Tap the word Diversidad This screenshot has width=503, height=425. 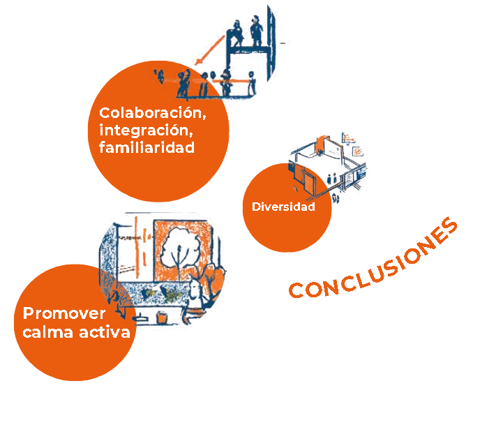(283, 207)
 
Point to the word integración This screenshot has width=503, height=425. (144, 130)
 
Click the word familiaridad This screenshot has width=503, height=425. (147, 148)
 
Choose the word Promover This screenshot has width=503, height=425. (64, 314)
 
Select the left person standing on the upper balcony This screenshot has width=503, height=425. (238, 31)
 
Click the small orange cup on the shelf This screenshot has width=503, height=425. (163, 318)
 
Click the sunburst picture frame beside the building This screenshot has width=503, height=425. (358, 151)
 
